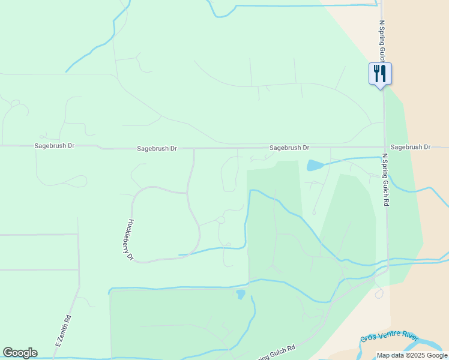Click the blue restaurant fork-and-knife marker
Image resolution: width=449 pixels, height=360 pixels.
point(380,74)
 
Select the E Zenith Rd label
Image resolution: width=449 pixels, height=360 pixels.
point(63,331)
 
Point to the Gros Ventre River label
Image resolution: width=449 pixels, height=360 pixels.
point(388,335)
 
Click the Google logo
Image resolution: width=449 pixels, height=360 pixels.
point(20,353)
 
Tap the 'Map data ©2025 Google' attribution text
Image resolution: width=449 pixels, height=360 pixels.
point(412,355)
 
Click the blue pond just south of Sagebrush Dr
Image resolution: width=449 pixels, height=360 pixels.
point(314,165)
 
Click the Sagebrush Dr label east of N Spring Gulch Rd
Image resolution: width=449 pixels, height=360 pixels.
point(411,147)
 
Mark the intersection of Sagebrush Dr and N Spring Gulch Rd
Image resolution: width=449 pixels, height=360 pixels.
point(384,147)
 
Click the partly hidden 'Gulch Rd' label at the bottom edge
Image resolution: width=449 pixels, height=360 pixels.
point(277,352)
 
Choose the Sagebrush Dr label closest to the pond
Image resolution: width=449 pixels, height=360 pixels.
point(289,148)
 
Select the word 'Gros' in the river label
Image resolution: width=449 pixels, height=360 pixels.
point(368,338)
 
